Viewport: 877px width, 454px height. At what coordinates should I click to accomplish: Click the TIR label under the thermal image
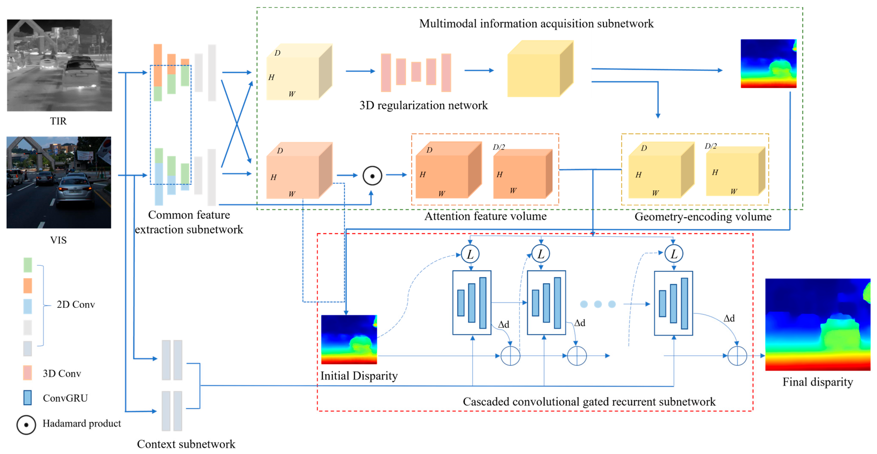tap(58, 121)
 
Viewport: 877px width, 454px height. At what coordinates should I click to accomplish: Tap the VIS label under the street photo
tap(58, 240)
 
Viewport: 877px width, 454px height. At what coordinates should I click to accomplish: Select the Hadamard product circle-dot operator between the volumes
tap(372, 176)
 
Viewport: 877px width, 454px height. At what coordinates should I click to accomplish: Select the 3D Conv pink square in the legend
tap(28, 373)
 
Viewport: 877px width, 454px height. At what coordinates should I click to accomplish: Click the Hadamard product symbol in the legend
tap(26, 425)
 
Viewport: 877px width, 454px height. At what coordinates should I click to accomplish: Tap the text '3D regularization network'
tap(424, 105)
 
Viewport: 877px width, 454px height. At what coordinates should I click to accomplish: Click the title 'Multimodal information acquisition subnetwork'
tap(536, 23)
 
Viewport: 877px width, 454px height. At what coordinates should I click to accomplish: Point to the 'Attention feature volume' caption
tap(485, 216)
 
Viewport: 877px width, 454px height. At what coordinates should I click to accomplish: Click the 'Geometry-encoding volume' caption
tap(703, 217)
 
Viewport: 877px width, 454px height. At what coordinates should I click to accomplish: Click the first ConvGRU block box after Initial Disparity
tap(472, 303)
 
